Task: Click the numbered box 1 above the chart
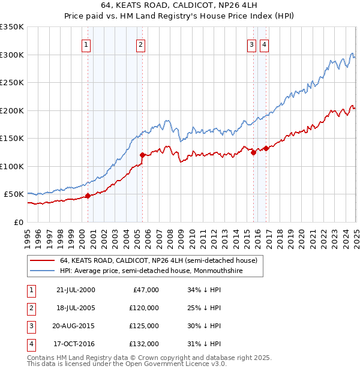(x=86, y=44)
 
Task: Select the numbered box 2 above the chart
(x=140, y=44)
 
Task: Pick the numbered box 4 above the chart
(x=264, y=44)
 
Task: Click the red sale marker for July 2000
(x=88, y=195)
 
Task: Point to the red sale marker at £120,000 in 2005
(x=142, y=155)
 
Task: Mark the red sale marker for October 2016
(x=266, y=148)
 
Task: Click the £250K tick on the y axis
(x=12, y=82)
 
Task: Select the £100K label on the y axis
(x=12, y=166)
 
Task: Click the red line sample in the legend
(x=43, y=260)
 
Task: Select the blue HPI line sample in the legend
(x=43, y=271)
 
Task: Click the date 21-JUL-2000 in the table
(x=76, y=290)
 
